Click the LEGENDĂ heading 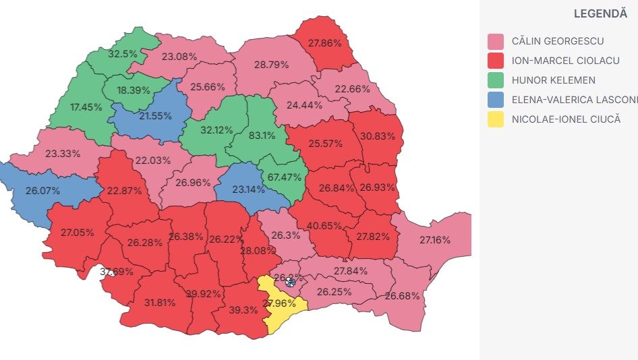click(x=600, y=13)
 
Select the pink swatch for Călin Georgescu click(x=496, y=42)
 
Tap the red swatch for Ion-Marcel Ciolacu click(x=496, y=61)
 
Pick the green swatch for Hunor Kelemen click(x=496, y=81)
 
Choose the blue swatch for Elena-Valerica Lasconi click(x=496, y=100)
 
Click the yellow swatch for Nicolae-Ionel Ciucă click(x=496, y=120)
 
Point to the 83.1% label click(x=262, y=135)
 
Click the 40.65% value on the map click(x=324, y=226)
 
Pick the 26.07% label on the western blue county click(x=42, y=191)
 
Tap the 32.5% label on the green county click(x=123, y=53)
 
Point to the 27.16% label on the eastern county click(x=434, y=240)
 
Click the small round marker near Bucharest click(x=290, y=282)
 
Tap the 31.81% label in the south click(x=161, y=303)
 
